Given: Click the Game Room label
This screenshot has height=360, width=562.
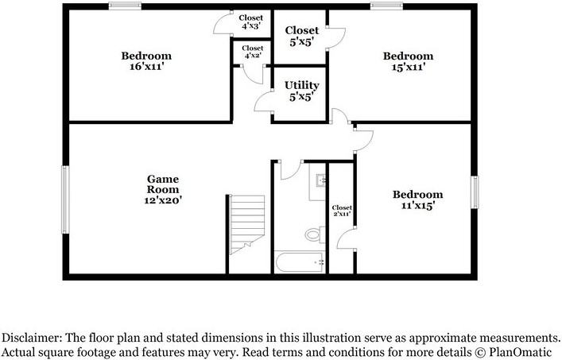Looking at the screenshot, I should (x=162, y=180).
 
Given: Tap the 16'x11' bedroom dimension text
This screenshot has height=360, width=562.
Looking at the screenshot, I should (x=146, y=68).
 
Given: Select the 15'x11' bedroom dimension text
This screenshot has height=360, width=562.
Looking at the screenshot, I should (x=408, y=68).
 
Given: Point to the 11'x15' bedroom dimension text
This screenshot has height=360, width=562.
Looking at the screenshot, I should (x=417, y=206).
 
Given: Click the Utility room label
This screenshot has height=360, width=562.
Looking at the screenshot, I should (x=301, y=85).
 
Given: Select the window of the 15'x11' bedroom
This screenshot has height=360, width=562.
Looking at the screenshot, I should (x=385, y=6).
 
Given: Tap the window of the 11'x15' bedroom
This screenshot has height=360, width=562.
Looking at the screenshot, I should (x=475, y=191).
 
